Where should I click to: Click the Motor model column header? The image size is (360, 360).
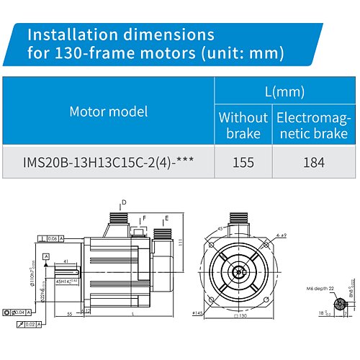(109, 112)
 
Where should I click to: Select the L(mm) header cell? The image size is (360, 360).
(284, 91)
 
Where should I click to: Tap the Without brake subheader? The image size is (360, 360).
(243, 125)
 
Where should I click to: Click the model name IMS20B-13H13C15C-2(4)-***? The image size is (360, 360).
(109, 162)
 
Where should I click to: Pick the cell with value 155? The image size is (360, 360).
(243, 162)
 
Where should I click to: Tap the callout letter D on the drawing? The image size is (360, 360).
(123, 202)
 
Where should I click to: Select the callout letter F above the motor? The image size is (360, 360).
(144, 217)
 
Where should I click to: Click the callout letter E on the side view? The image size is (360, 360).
(167, 217)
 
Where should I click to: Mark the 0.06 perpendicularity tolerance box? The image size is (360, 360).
(53, 238)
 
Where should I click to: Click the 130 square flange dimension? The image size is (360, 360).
(243, 315)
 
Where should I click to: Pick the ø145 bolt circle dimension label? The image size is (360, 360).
(198, 312)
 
